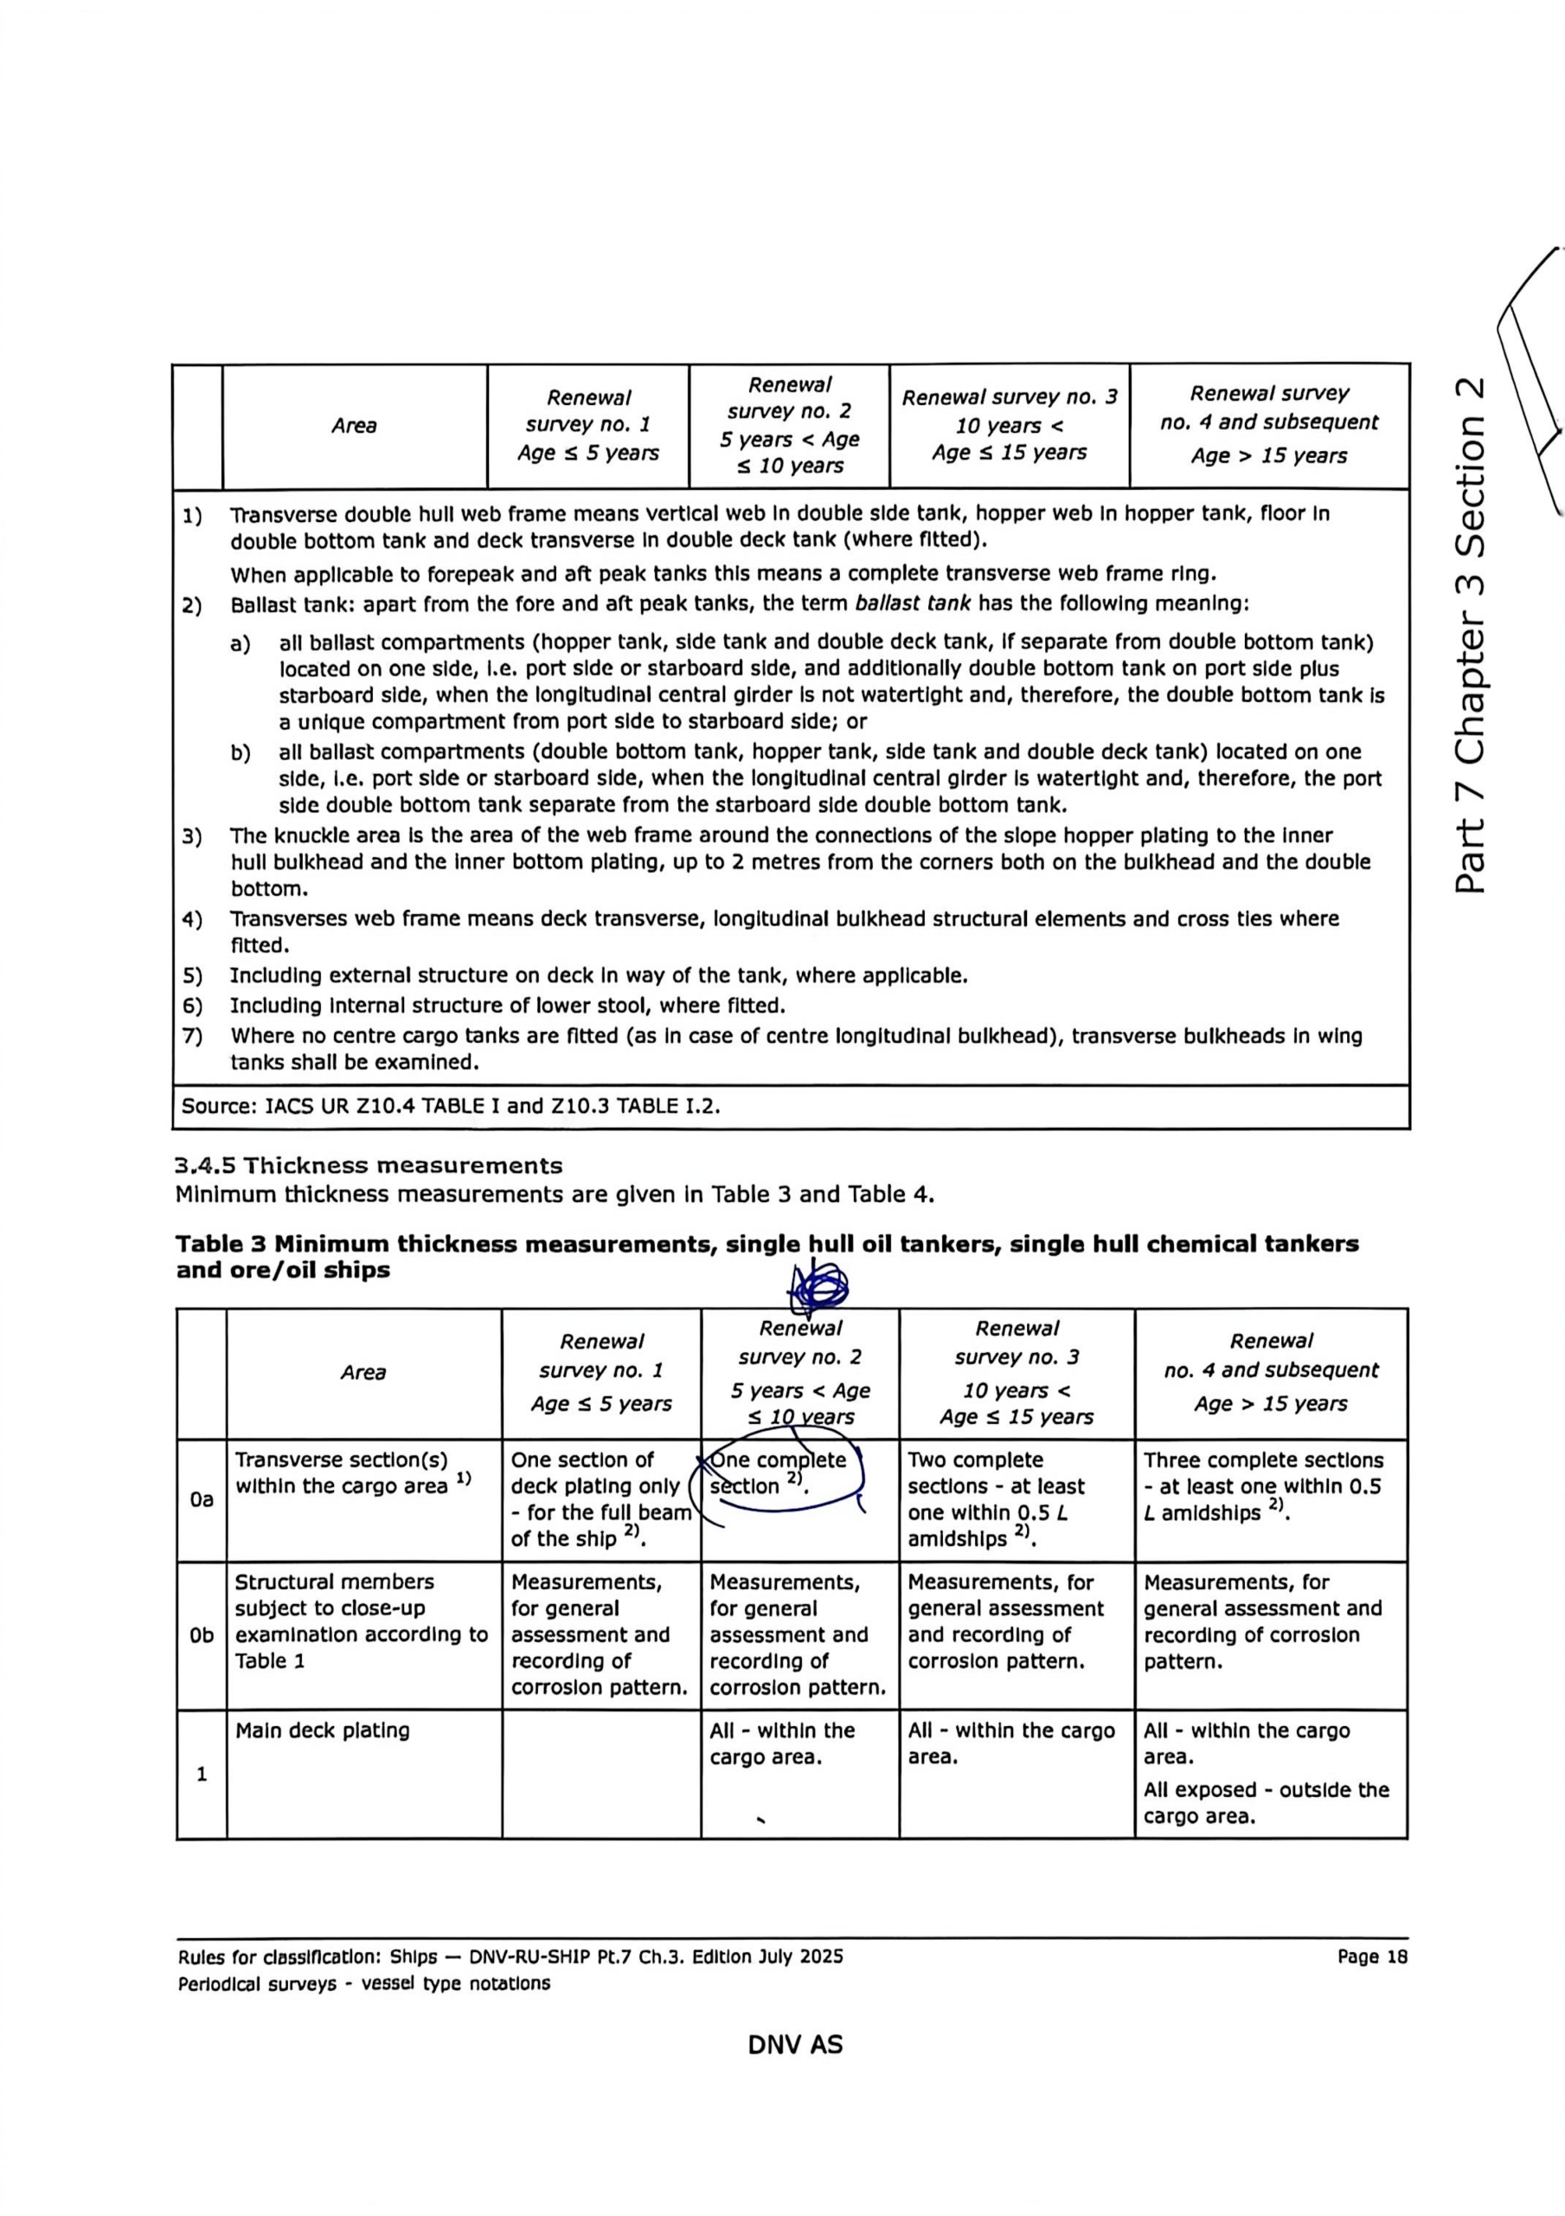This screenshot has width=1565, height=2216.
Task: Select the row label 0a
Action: [201, 1500]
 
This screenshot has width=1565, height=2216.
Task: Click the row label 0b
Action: [201, 1635]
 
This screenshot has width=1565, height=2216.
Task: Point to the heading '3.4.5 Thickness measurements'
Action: [369, 1166]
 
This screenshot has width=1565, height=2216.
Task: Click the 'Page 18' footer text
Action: [1372, 1956]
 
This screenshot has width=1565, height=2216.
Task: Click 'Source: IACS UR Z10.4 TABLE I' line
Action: [451, 1106]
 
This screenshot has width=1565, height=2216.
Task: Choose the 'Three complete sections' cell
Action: [1263, 1460]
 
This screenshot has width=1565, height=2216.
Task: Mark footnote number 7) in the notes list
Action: [193, 1036]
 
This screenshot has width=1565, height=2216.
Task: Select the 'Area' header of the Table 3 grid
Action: [362, 1373]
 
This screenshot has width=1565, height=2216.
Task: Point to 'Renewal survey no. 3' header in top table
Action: [1010, 397]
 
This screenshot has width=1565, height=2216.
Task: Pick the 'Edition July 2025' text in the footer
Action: [767, 1956]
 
